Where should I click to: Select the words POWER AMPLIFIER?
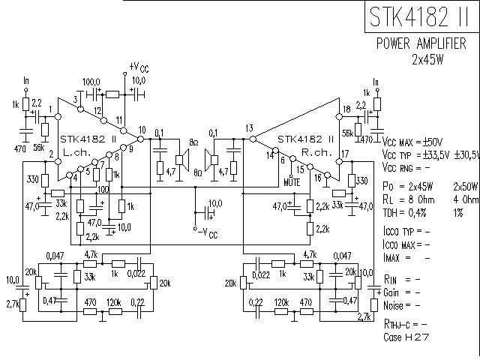(x=424, y=44)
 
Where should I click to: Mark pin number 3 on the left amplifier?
(x=76, y=100)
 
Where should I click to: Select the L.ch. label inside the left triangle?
(x=76, y=151)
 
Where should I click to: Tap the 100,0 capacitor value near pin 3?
(x=91, y=80)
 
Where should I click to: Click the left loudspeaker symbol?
(x=181, y=158)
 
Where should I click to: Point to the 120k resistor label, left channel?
(x=115, y=301)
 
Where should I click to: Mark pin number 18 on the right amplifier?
(x=345, y=109)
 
